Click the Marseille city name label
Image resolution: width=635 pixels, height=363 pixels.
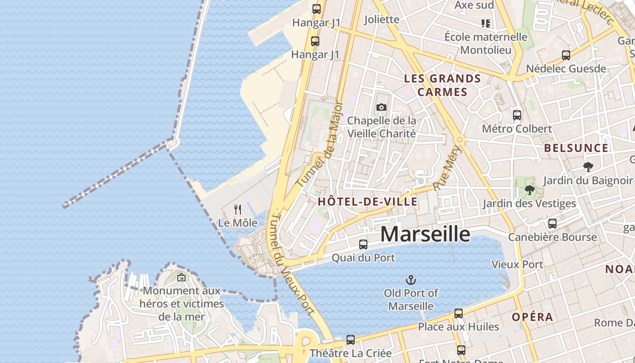(425, 234)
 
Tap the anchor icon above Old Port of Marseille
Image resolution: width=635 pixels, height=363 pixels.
(410, 280)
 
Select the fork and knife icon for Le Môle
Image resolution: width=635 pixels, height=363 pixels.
(237, 209)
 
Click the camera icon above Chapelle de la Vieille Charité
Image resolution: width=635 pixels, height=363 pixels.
(381, 107)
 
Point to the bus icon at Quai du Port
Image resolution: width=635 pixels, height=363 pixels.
(363, 245)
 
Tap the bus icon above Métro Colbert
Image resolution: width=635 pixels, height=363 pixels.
(517, 115)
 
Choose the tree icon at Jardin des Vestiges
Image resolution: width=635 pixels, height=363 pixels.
(529, 190)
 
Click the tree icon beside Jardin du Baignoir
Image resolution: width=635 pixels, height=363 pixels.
(588, 167)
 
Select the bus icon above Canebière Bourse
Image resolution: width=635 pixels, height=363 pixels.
(552, 224)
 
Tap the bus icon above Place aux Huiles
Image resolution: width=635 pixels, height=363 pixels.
(459, 314)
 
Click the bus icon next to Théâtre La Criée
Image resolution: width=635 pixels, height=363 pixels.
(350, 340)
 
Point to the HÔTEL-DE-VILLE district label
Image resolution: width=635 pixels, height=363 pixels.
(367, 202)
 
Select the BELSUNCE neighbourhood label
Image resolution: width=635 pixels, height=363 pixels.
(576, 148)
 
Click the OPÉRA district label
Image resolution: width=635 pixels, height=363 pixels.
(532, 317)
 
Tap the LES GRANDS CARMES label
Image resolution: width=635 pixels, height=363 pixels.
(442, 85)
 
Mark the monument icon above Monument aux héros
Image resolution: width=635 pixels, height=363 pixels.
(181, 277)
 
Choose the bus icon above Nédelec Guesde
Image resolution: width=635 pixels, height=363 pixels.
(566, 55)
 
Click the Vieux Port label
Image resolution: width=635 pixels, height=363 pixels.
(517, 264)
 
